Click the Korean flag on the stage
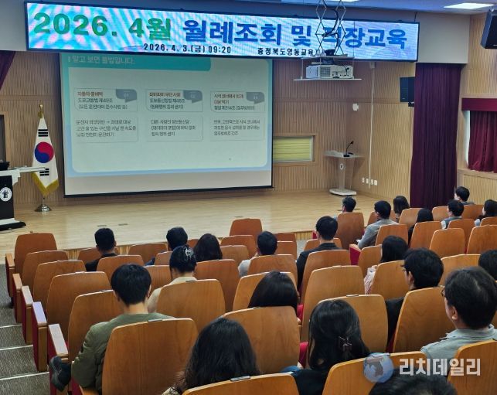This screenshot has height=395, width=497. [44, 155]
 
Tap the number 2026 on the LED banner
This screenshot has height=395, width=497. [70, 24]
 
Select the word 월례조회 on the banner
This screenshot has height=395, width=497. [225, 31]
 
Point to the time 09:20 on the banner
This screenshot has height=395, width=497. [219, 49]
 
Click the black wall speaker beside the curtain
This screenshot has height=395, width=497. [407, 89]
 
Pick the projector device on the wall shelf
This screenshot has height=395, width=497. [329, 71]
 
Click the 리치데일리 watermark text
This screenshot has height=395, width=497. [440, 366]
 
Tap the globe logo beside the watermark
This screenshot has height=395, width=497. [379, 368]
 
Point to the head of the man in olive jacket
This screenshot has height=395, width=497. [131, 285]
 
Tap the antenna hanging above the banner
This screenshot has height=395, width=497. [331, 23]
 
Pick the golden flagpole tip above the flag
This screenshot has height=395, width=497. [41, 109]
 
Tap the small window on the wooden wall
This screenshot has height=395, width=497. [293, 149]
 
